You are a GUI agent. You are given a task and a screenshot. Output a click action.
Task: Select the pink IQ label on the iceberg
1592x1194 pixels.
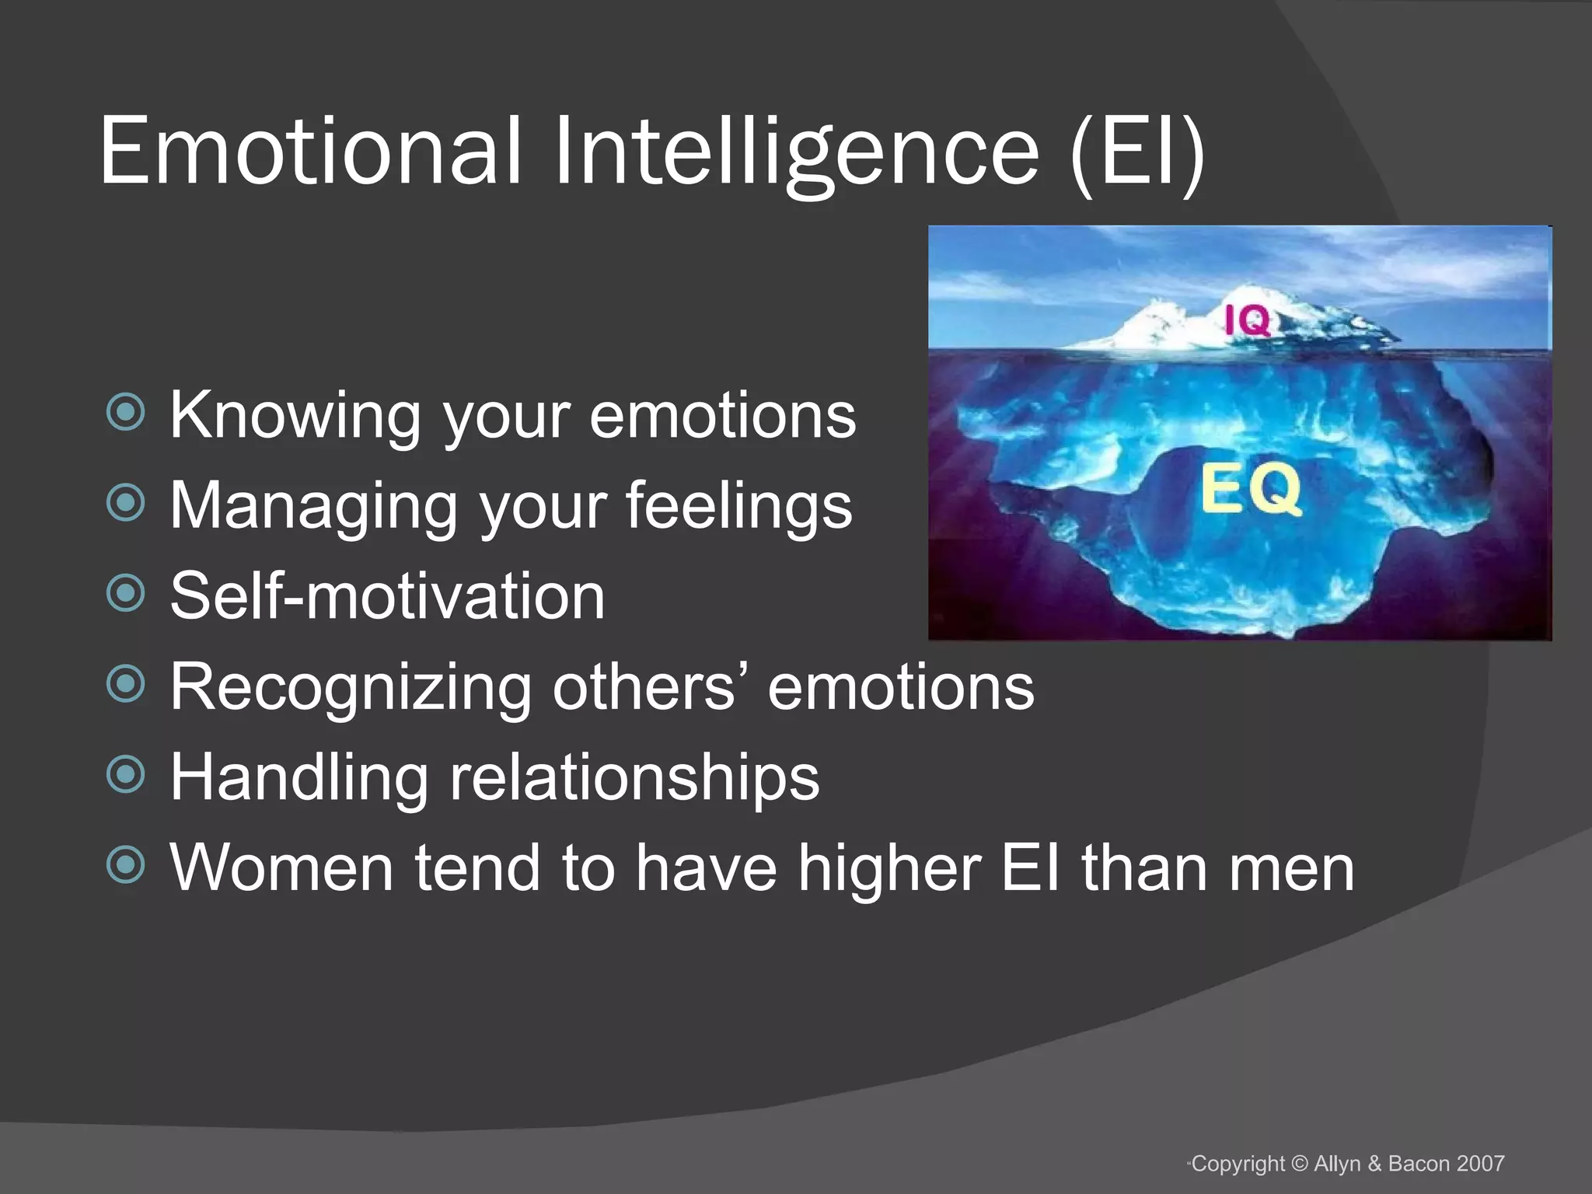coord(1248,320)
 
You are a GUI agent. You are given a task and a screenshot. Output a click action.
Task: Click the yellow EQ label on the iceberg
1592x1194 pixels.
coord(1251,489)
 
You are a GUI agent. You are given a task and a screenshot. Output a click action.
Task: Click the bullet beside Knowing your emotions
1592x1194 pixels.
coord(126,413)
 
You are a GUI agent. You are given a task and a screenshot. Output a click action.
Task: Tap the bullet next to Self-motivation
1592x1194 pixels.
coord(126,594)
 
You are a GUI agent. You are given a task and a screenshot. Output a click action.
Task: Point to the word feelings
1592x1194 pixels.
coord(738,505)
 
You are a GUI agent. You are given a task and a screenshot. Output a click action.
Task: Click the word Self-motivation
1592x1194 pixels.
coord(387,595)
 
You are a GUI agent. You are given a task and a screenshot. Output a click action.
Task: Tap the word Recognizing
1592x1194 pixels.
coord(350,687)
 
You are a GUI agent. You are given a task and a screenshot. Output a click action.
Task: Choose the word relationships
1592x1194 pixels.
coord(634,777)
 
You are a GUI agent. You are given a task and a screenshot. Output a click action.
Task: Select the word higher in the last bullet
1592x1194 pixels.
coord(889,868)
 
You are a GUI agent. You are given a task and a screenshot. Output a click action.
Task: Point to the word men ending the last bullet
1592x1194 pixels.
coord(1290,869)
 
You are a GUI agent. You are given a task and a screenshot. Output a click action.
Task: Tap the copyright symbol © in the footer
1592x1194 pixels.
coord(1300,1164)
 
